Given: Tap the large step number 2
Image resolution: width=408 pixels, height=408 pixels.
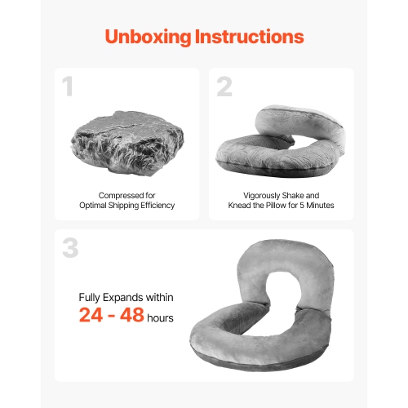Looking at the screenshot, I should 224,86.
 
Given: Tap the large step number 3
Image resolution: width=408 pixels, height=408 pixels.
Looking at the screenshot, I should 70,248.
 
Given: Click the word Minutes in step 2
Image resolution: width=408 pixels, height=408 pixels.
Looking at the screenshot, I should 317,206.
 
